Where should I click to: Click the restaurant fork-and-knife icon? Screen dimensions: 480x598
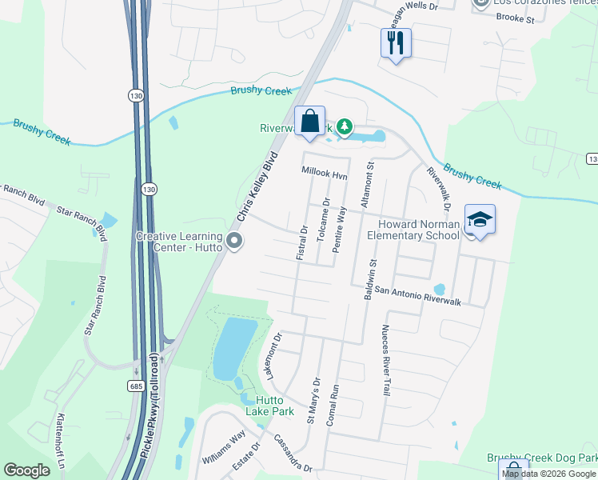(x=395, y=42)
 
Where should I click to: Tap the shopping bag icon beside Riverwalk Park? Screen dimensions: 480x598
(x=309, y=122)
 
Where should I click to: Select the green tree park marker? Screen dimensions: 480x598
(x=345, y=126)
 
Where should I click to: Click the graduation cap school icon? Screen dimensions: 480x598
(x=480, y=219)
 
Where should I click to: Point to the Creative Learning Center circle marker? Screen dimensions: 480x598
(x=234, y=241)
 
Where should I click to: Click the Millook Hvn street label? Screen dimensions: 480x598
(x=325, y=172)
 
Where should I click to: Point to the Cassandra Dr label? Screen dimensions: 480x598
(x=292, y=453)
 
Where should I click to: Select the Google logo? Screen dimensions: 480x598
(x=27, y=470)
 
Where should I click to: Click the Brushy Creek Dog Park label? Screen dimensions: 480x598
(x=542, y=458)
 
